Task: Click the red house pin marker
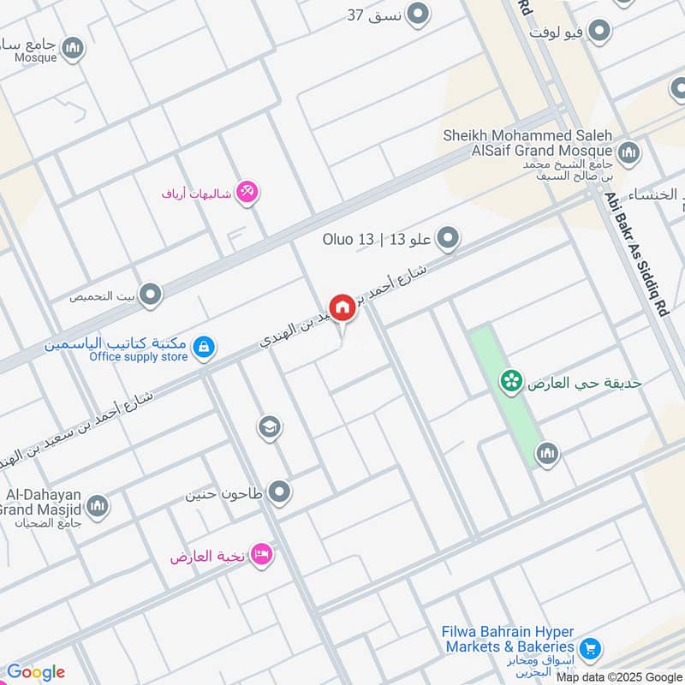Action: coord(342,307)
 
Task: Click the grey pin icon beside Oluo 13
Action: coord(448,238)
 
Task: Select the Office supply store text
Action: coord(138,356)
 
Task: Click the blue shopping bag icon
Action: coord(204,347)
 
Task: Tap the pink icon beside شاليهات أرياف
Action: coord(248,192)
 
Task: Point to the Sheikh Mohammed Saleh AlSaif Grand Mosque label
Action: coord(527,142)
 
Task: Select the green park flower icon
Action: coord(511,382)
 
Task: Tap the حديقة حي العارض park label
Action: coord(584,383)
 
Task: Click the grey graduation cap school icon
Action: coord(270,426)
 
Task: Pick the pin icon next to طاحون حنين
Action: coord(279,492)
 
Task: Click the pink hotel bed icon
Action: coord(262,555)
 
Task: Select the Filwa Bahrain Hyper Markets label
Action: coord(508,639)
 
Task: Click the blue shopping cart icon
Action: coord(589,649)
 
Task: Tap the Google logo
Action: coord(36,672)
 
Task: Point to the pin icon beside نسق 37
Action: coord(418,14)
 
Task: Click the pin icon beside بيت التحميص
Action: coord(151,295)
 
